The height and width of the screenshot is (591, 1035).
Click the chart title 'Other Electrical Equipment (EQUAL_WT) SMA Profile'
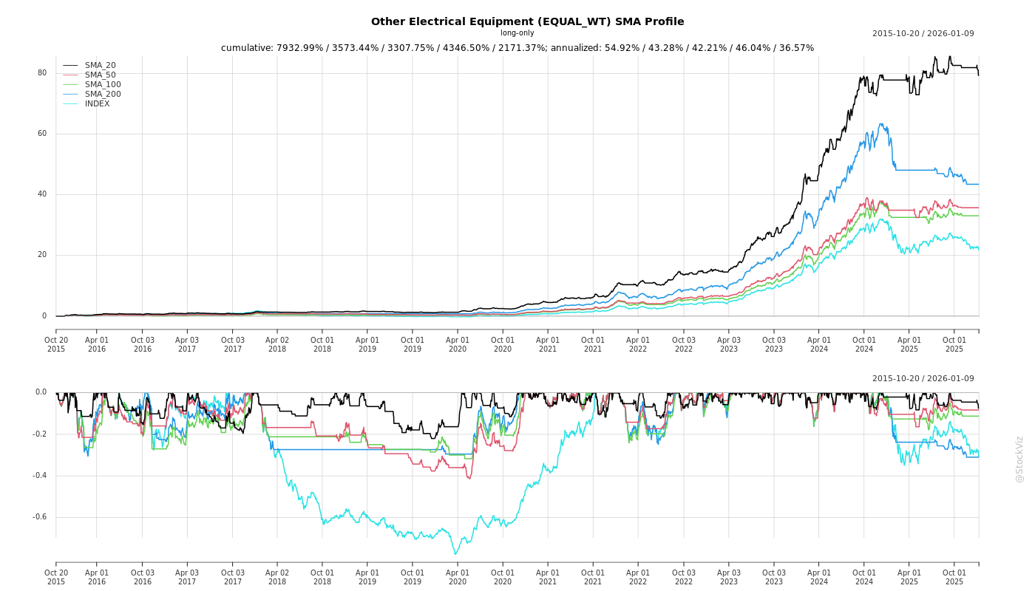pos(527,21)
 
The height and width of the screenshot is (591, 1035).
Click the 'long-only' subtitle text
pos(517,33)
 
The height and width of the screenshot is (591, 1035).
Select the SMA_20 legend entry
pos(100,66)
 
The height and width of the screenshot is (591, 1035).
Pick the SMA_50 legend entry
pos(100,75)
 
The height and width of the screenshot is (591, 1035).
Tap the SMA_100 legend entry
pos(103,85)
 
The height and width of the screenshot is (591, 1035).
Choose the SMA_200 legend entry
pos(103,95)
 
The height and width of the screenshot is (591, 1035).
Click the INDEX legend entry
pos(97,104)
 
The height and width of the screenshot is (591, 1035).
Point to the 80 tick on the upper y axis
pos(42,73)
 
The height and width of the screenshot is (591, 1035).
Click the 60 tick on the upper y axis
pos(42,134)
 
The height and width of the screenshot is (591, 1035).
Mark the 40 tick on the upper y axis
pos(42,194)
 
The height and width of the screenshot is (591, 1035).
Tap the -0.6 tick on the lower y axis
pos(39,517)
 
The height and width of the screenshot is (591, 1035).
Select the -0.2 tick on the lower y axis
pos(39,434)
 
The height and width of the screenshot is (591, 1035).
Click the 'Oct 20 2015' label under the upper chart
pos(56,344)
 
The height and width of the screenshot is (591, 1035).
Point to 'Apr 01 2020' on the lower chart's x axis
pos(458,577)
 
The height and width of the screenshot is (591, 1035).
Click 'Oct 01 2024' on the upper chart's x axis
pos(864,344)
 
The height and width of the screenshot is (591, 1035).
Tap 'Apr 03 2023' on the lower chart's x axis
pos(729,577)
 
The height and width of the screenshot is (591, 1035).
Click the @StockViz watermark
pos(1019,459)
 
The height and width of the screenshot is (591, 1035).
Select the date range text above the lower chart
pos(923,379)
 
